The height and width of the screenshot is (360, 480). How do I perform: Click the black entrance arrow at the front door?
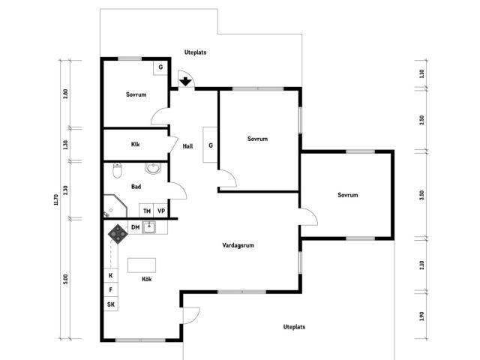(185, 82)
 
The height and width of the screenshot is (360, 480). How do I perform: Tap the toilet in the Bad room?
(117, 170)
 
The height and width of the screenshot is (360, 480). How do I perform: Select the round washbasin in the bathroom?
(152, 168)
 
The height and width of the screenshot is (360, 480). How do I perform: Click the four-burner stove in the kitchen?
(118, 234)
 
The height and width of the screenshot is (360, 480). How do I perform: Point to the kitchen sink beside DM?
(149, 226)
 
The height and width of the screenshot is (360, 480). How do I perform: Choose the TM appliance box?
(147, 211)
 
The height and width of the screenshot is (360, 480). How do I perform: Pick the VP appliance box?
(160, 211)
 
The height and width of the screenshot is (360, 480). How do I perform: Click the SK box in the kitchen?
(111, 304)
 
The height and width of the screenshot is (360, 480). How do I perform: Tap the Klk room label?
(135, 144)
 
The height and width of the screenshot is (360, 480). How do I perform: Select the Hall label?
(187, 146)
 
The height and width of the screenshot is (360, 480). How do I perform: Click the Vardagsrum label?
(238, 245)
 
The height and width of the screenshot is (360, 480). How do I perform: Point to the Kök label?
(147, 279)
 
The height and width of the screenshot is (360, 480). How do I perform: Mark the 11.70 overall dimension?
(55, 199)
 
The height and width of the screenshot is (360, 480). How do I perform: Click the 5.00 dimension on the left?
(65, 279)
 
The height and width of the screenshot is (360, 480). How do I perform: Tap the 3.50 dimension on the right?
(421, 195)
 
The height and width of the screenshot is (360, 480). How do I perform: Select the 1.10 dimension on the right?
(421, 73)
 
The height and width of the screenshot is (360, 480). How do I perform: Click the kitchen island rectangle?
(142, 265)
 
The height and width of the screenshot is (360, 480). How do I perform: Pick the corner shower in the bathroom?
(115, 206)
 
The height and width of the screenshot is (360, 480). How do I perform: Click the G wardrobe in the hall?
(210, 145)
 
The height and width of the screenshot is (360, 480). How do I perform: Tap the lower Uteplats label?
(294, 327)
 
